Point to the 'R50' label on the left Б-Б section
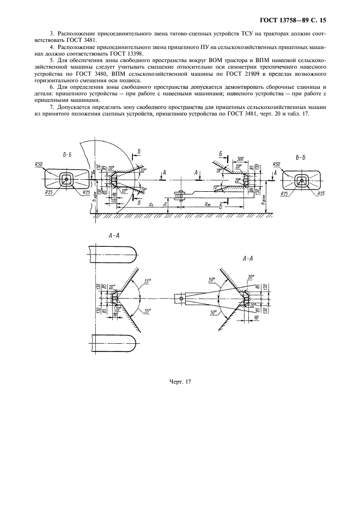(39, 164)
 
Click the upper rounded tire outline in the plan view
(112, 254)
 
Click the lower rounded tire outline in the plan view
(112, 342)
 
